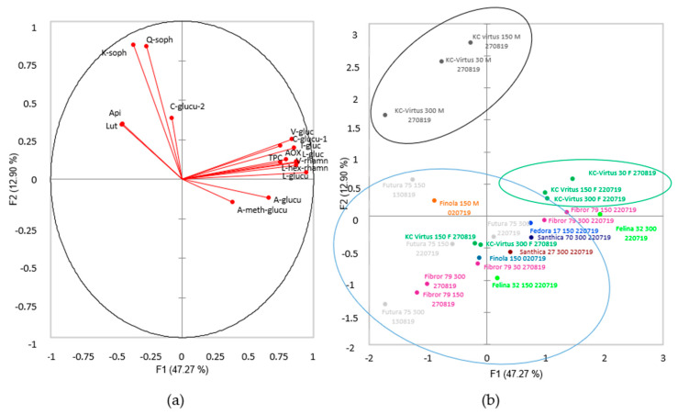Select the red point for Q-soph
click(147, 46)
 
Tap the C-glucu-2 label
click(187, 106)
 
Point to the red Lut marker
click(122, 124)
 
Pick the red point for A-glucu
click(269, 197)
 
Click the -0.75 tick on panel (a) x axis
click(84, 354)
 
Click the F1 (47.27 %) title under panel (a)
click(182, 371)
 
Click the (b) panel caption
click(492, 400)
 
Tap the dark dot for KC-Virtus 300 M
click(385, 115)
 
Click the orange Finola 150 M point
click(434, 200)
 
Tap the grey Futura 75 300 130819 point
click(385, 304)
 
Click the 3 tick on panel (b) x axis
click(663, 354)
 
